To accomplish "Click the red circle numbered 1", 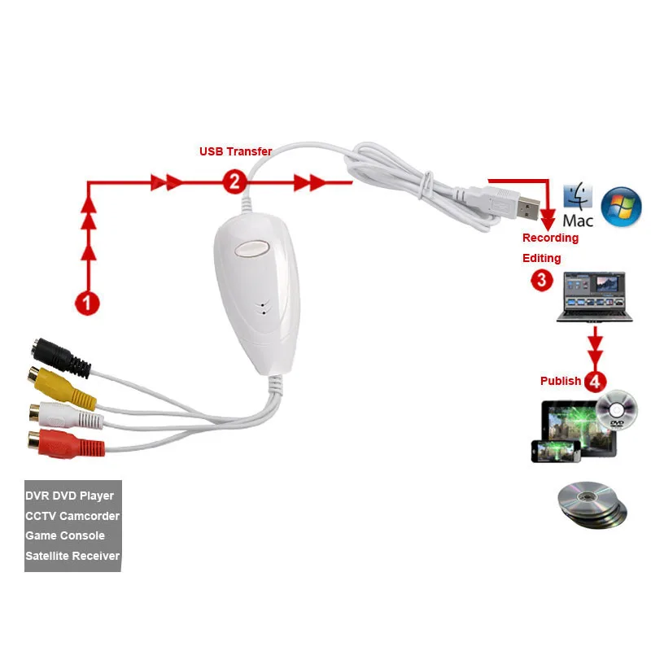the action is tap(87, 303).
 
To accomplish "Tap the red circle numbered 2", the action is tap(234, 182).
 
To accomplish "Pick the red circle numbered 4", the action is tap(596, 380).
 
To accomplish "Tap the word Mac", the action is tap(578, 220).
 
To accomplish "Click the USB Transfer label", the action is tap(236, 151).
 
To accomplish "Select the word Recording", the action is tap(550, 238).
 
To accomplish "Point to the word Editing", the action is tap(541, 258).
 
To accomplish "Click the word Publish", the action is tap(561, 381).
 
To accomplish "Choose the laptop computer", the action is tap(594, 297).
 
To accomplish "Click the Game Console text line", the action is tap(65, 535).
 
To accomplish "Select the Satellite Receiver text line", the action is tap(72, 556).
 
